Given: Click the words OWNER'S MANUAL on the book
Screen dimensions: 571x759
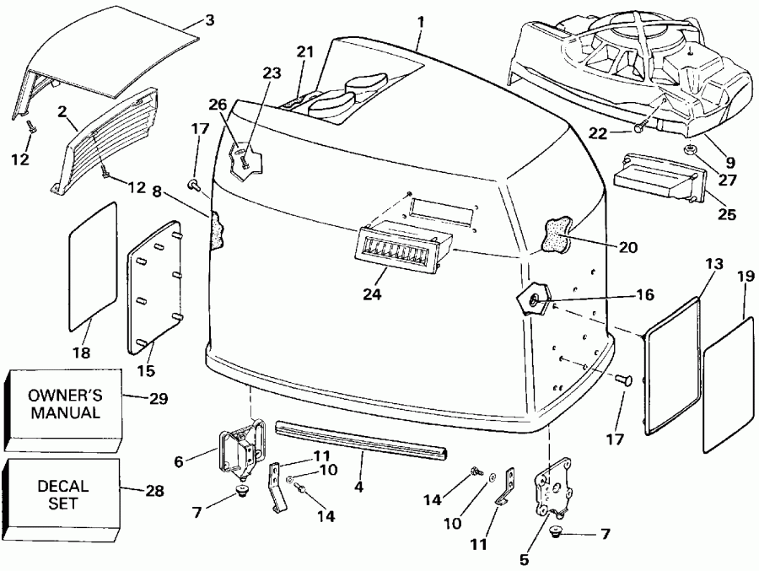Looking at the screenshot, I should pos(64,403).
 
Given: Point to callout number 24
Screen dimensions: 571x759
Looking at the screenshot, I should pos(371,294).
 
